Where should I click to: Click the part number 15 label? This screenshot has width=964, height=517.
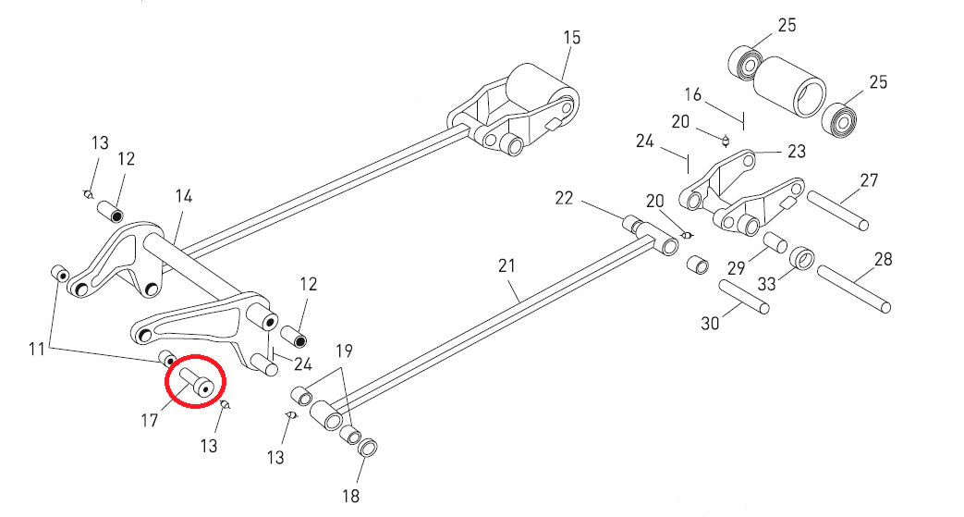point(572,38)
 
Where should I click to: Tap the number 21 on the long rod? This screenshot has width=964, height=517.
point(506,266)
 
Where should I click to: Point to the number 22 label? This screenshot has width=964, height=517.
point(565,197)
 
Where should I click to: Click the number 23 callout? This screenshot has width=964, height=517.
point(796,151)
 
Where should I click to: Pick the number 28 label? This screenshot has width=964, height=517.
point(883,259)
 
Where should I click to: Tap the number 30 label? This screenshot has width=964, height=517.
point(710,323)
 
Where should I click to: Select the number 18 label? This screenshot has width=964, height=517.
point(350,497)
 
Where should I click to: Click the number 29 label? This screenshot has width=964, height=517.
point(736,268)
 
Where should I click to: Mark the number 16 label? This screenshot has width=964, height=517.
point(693,95)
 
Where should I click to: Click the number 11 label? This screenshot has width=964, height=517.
point(37,349)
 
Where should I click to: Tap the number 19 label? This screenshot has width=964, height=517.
point(344,351)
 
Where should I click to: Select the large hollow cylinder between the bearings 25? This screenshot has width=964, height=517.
point(794,85)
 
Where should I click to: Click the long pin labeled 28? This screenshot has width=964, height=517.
point(853,288)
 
